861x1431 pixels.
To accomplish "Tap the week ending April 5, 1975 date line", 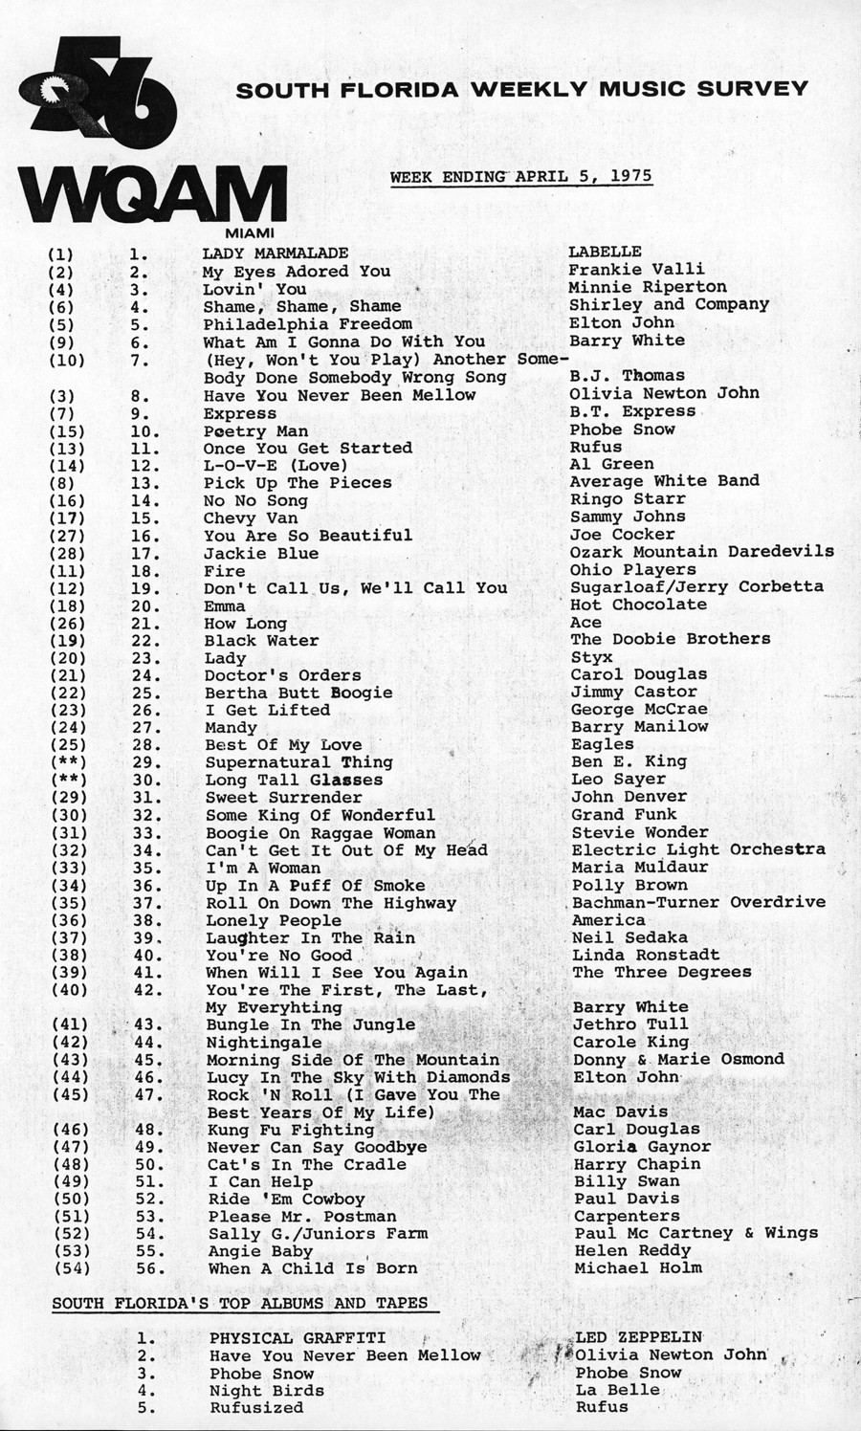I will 520,176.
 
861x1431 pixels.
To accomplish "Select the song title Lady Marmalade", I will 276,253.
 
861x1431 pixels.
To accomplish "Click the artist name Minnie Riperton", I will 648,287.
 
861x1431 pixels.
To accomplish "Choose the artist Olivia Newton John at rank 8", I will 664,393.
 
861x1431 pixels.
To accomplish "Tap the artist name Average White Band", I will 664,481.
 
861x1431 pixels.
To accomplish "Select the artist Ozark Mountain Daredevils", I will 701,552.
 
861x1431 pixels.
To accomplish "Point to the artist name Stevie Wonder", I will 640,832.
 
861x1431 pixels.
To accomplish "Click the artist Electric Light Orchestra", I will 698,849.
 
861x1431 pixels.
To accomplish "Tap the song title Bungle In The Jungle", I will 311,1024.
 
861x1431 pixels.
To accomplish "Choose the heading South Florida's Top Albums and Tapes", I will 239,1304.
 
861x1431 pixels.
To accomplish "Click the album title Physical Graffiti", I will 298,1338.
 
